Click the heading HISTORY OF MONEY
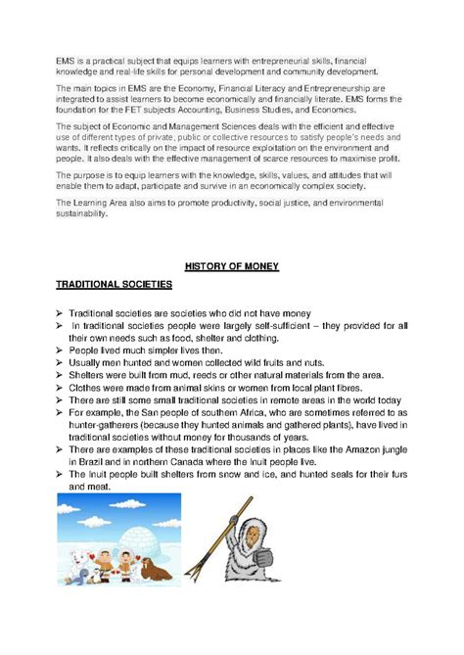(x=232, y=265)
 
